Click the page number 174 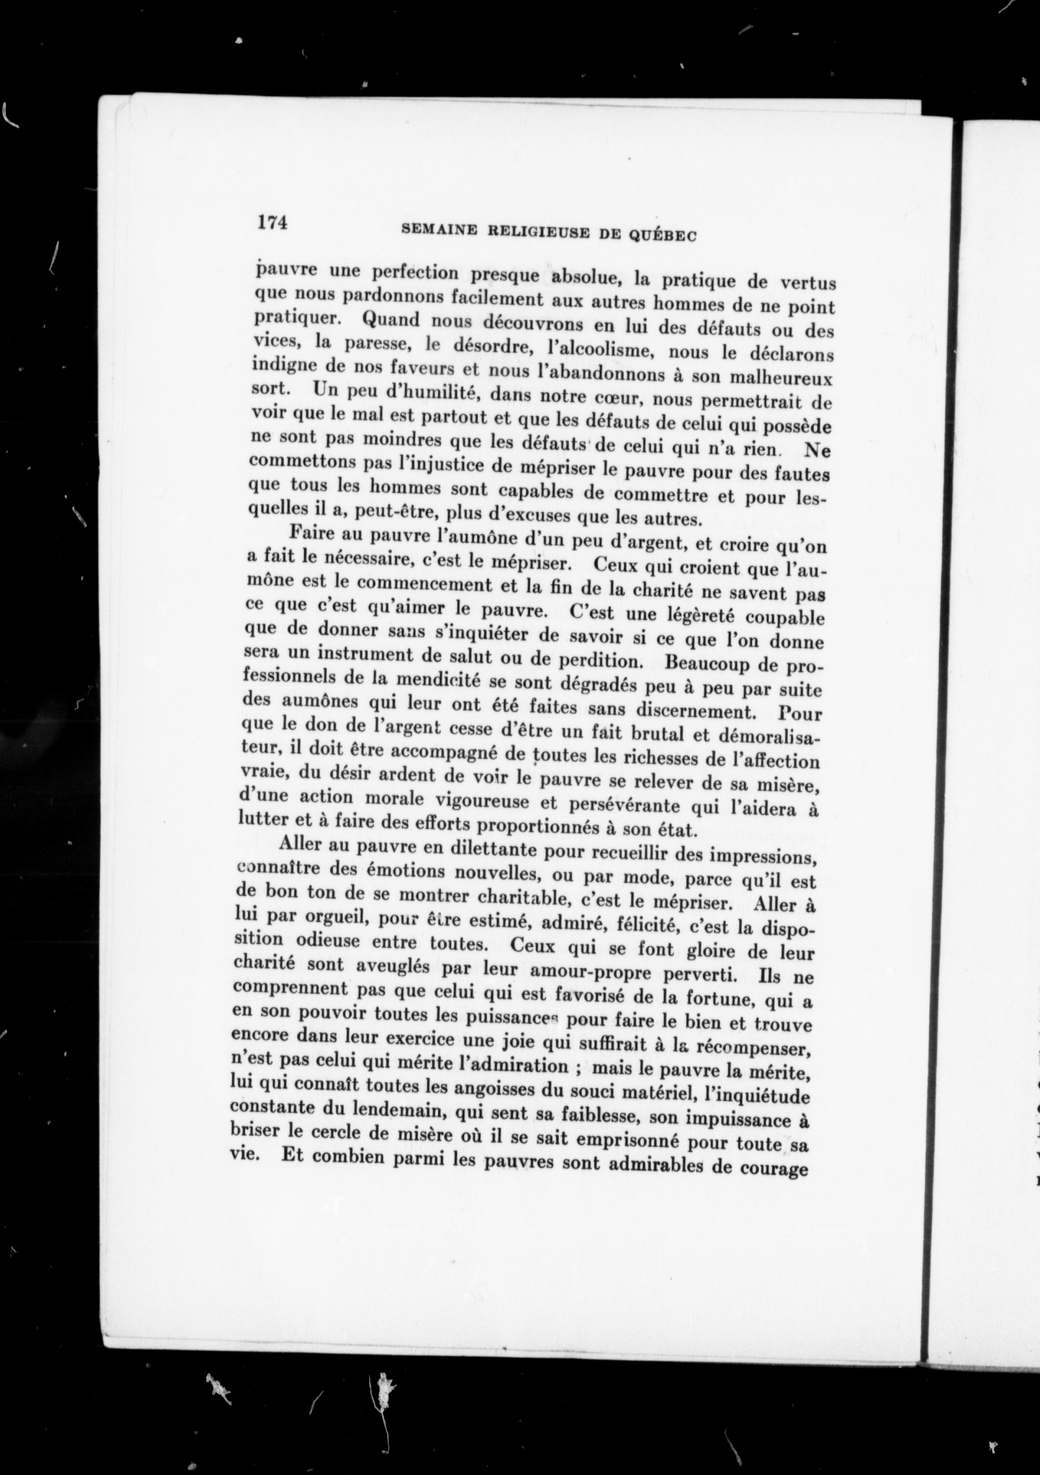[271, 222]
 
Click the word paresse [374, 345]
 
